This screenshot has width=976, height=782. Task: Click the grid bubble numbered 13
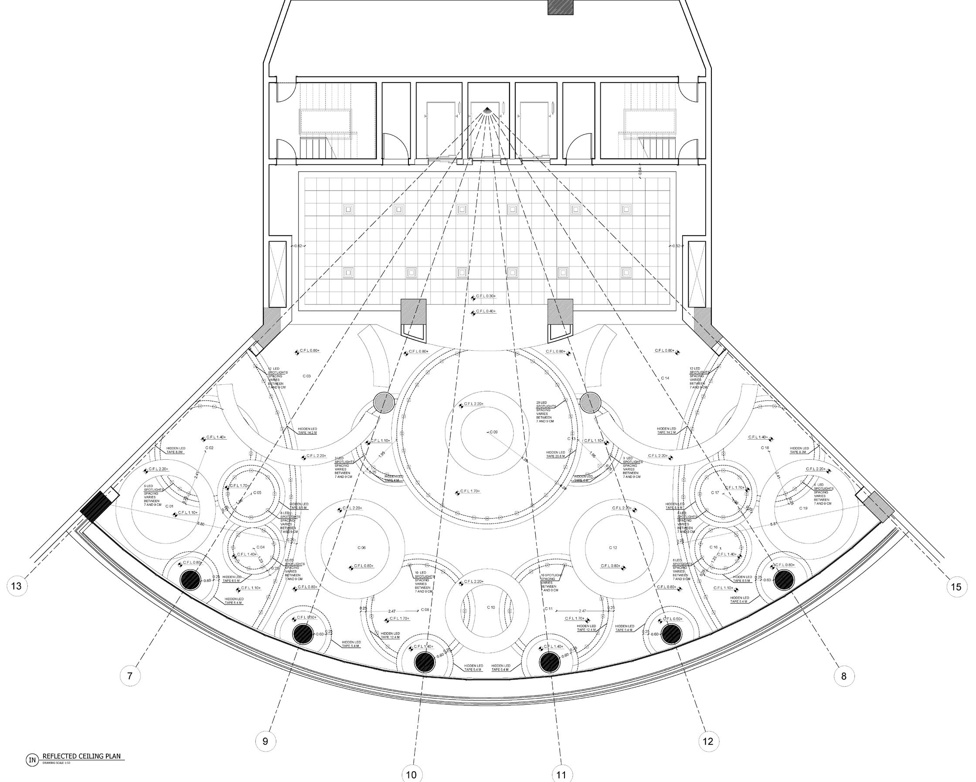[x=16, y=586]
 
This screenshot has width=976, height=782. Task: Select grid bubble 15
[x=956, y=587]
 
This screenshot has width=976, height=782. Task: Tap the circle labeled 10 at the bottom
[x=411, y=775]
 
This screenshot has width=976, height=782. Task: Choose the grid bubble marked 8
[x=843, y=676]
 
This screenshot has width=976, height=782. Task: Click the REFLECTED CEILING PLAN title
[x=82, y=756]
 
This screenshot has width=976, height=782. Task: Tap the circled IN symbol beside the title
[x=32, y=760]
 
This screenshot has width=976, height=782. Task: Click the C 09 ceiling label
[x=493, y=432]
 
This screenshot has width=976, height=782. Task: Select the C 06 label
[x=361, y=548]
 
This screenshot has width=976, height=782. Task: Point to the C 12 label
[x=613, y=548]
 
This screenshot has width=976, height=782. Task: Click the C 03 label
[x=306, y=376]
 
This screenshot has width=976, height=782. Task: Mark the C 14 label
[x=665, y=378]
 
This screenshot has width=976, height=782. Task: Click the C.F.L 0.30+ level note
[x=485, y=296]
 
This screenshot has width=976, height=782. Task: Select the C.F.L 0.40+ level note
[x=485, y=311]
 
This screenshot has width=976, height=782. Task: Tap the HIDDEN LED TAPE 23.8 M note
[x=555, y=454]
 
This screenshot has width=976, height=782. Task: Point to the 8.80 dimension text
[x=201, y=523]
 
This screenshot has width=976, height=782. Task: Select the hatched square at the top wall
[x=561, y=7]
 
